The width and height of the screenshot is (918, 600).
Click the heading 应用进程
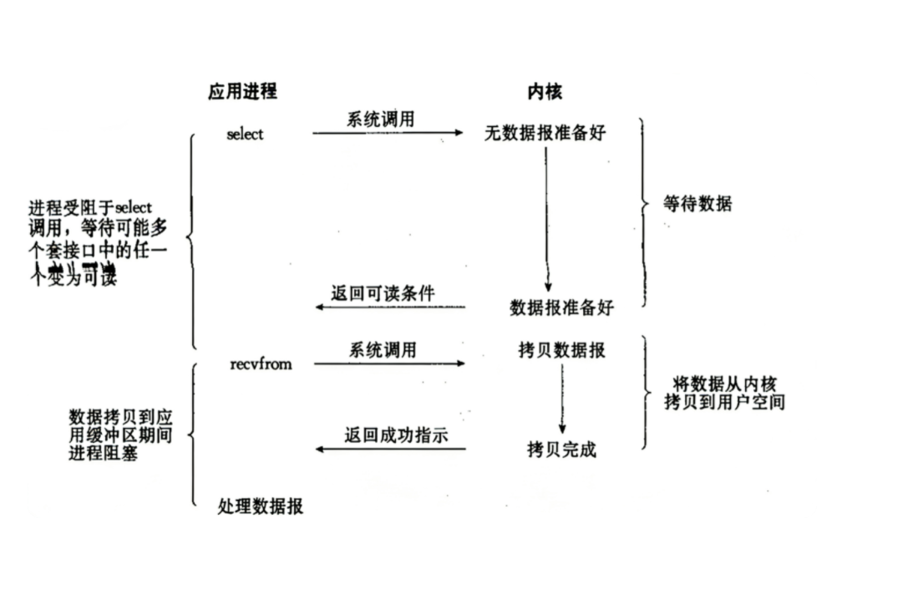point(242,92)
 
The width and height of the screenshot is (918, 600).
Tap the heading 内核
point(545,92)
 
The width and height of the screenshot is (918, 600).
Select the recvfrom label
point(261,364)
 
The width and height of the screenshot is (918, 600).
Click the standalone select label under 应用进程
point(245,134)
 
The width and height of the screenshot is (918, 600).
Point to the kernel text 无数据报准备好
point(545,134)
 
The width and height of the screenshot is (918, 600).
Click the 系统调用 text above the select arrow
point(380,119)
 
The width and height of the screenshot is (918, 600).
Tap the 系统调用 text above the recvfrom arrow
point(382,350)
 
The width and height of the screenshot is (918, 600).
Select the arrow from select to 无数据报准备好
point(388,133)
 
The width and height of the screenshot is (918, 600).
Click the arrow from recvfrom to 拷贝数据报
point(389,364)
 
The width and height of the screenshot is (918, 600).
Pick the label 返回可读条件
point(383,292)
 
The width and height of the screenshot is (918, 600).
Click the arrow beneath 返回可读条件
point(390,308)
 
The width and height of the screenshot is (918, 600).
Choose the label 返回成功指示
point(384,435)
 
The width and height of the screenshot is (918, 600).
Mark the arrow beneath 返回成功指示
point(390,450)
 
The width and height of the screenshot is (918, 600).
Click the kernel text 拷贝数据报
point(561,351)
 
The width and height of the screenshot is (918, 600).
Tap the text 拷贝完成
point(561,450)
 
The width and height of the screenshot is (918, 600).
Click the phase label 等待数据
point(697,204)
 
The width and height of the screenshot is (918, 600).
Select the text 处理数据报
point(261,506)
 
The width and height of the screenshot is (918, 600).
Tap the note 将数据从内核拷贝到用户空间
point(724,393)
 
